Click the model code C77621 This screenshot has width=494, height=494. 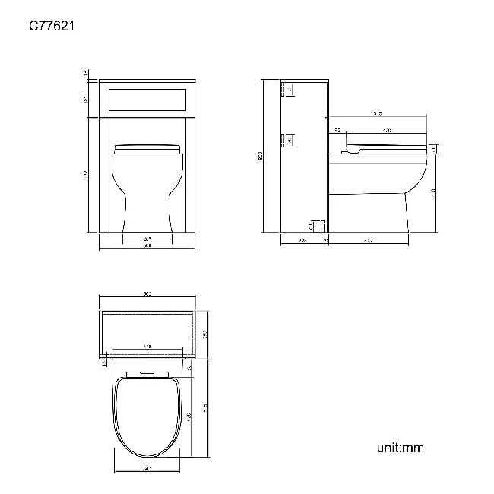51,26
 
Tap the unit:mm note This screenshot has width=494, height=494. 400,447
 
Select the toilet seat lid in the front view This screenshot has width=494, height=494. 147,147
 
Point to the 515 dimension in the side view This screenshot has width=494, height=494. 378,113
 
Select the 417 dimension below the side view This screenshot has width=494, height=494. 368,241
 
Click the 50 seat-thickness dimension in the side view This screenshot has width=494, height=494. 433,149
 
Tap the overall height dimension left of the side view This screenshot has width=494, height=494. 261,157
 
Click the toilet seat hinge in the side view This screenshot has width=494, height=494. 347,150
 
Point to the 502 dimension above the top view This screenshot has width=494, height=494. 147,294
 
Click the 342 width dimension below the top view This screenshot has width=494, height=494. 147,468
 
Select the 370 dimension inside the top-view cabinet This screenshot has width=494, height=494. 147,347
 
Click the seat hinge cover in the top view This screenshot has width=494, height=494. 147,372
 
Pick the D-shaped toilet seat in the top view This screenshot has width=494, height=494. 147,414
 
